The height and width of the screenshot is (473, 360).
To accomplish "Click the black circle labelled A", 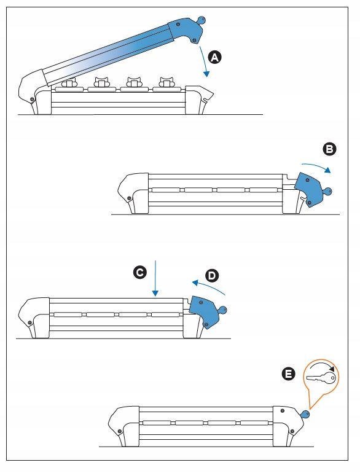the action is pyautogui.click(x=214, y=57).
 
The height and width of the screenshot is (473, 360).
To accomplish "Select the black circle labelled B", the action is pyautogui.click(x=329, y=149).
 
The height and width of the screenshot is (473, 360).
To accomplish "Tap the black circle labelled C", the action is pyautogui.click(x=139, y=272).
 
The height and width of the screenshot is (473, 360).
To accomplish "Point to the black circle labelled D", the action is pyautogui.click(x=212, y=276).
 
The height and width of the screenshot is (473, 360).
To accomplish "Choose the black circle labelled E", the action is pyautogui.click(x=289, y=374).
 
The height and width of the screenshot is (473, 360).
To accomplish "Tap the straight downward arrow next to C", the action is pyautogui.click(x=155, y=278).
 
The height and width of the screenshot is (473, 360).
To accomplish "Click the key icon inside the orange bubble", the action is pyautogui.click(x=321, y=378).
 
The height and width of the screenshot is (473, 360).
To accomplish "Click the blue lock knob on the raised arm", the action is pyautogui.click(x=201, y=20).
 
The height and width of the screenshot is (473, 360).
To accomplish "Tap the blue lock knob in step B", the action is pyautogui.click(x=327, y=191).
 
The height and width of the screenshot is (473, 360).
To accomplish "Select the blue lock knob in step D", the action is pyautogui.click(x=222, y=310).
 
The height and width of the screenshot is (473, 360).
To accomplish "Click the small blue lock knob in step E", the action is pyautogui.click(x=305, y=415).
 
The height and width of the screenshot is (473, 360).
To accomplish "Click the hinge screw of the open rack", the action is pyautogui.click(x=31, y=99).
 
